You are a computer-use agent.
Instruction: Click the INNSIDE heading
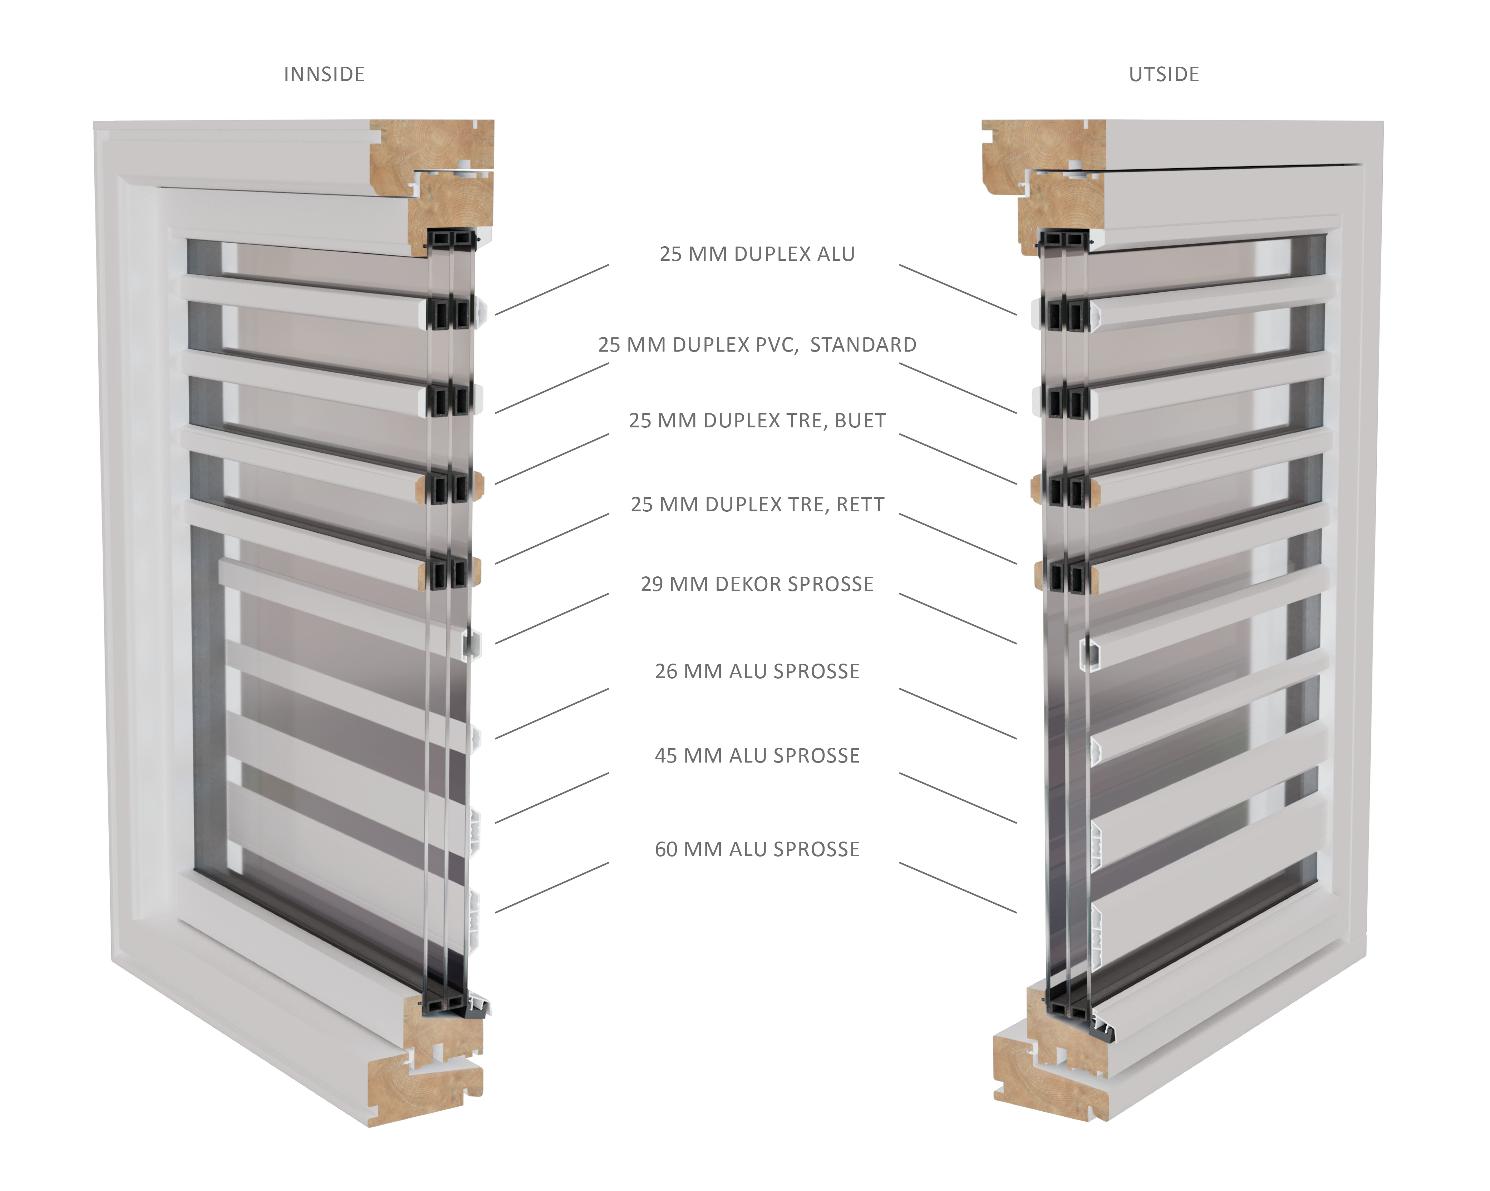tap(324, 75)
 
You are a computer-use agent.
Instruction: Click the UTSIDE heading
tap(1164, 75)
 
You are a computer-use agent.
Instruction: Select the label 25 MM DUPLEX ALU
tap(757, 254)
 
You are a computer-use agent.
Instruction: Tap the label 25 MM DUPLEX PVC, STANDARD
tap(757, 345)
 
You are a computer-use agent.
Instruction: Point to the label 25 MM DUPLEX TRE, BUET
tap(757, 421)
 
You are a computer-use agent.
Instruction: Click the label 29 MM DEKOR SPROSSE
tap(757, 585)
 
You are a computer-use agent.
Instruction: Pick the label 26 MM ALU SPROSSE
tap(757, 671)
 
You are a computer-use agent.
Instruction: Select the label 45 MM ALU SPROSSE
tap(757, 756)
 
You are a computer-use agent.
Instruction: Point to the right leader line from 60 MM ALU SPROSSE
tap(957, 888)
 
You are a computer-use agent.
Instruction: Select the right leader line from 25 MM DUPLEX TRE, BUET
tap(957, 459)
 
